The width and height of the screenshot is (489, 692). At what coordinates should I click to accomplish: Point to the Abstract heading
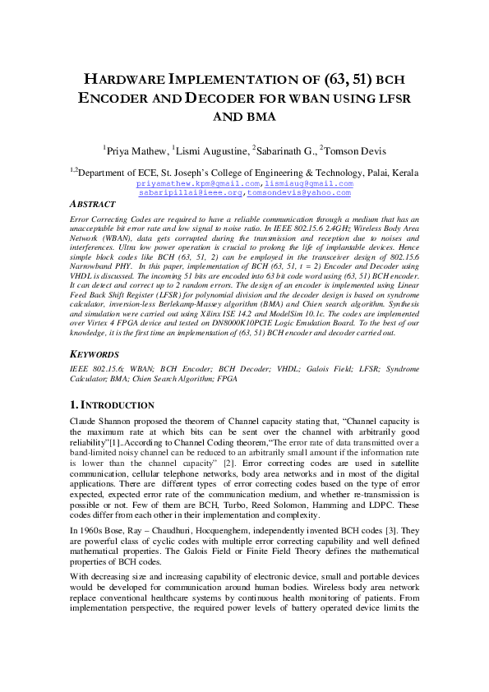(91, 205)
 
